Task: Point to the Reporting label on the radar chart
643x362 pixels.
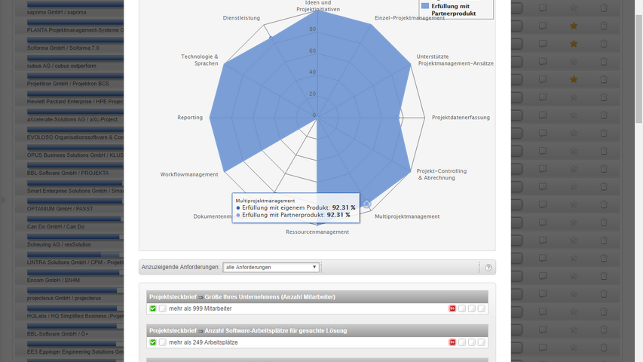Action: coord(190,118)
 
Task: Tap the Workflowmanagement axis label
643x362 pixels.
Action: coord(189,174)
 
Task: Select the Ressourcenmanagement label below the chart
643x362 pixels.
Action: coord(317,232)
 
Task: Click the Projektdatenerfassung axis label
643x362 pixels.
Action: coord(461,118)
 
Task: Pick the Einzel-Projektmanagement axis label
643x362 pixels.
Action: coord(409,17)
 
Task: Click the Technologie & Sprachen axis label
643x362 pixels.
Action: coord(200,60)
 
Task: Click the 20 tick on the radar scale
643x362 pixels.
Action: coord(312,94)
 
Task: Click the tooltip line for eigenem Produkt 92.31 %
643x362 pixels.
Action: coord(295,207)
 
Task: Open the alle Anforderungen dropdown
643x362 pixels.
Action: coord(271,267)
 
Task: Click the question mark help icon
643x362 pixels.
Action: coord(488,267)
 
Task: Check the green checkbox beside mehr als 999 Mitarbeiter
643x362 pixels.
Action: coord(153,308)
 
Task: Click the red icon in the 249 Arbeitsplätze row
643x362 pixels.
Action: coord(452,342)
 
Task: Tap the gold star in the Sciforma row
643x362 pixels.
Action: coord(574,44)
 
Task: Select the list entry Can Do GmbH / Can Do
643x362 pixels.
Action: coord(57,226)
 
